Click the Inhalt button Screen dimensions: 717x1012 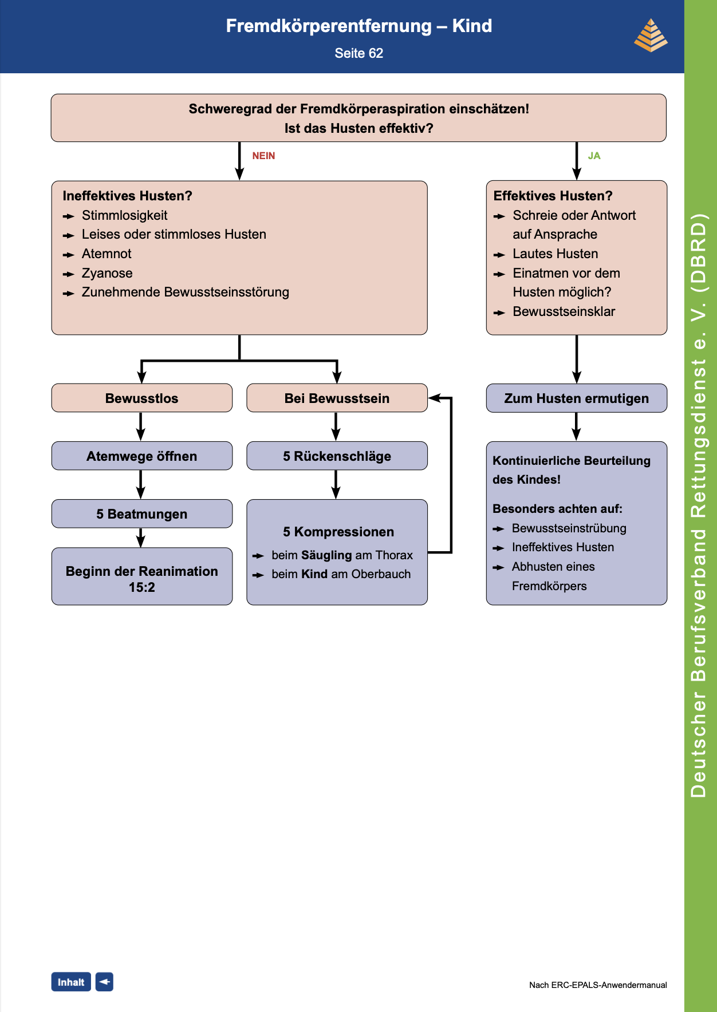tap(71, 982)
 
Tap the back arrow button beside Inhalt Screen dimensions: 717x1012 tap(104, 982)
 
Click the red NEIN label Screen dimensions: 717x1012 tap(263, 156)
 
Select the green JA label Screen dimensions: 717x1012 tap(594, 156)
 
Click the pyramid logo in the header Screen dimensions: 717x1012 tap(651, 35)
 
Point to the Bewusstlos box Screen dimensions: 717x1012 tap(142, 398)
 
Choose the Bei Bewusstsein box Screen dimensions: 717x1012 tap(337, 398)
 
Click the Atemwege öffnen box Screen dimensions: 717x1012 tap(142, 456)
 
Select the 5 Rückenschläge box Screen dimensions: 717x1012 tap(337, 456)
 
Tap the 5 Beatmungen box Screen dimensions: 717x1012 tap(142, 513)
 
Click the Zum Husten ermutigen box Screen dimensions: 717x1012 tap(577, 398)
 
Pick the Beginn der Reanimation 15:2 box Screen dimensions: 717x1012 tap(142, 576)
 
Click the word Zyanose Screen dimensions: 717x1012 tap(107, 273)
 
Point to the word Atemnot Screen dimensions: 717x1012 tap(107, 254)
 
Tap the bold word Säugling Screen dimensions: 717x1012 tap(326, 555)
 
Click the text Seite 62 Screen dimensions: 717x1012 tap(359, 53)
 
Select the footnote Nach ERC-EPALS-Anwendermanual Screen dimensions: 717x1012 tap(598, 985)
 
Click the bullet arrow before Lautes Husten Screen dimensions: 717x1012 tap(499, 255)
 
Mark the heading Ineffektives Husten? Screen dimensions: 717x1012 tap(127, 196)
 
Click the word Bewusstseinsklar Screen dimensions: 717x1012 tap(564, 311)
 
